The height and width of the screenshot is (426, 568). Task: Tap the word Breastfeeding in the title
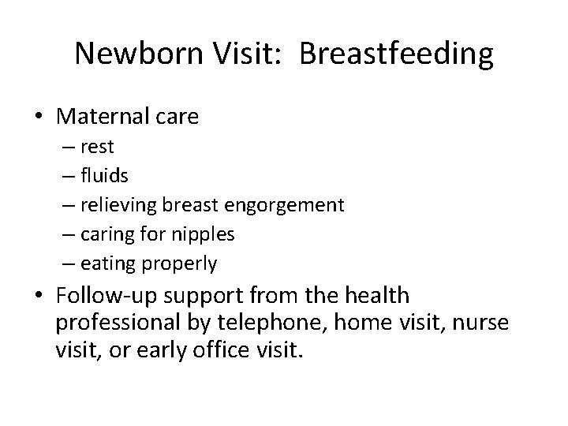coord(397,54)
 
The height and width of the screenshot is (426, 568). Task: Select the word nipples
coord(207,234)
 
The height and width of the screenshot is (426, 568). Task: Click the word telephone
coord(265,323)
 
